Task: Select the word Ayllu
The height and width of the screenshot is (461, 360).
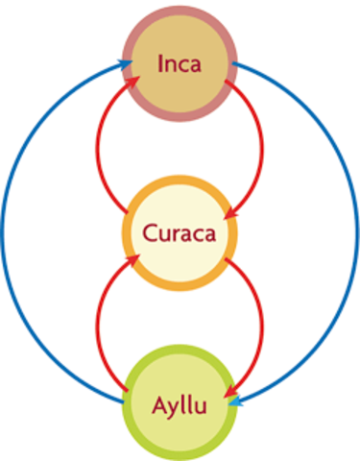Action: point(180,402)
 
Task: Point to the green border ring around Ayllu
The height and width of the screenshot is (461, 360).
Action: point(180,352)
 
